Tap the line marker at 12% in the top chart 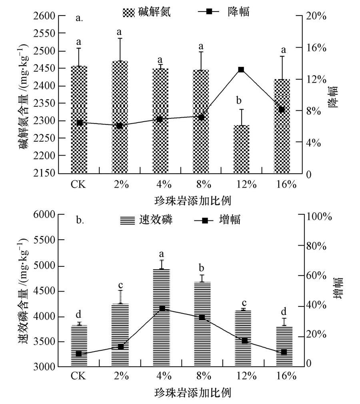(x=241, y=70)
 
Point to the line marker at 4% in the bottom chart (x=162, y=308)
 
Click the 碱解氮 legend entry (x=146, y=12)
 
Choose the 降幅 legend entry (x=224, y=12)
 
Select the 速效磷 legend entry (x=146, y=220)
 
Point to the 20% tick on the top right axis (x=316, y=16)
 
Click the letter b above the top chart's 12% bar (x=239, y=100)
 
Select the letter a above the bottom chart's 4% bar (x=162, y=254)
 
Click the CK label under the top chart (x=79, y=185)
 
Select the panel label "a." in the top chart (x=79, y=18)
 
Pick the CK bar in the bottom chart (x=79, y=346)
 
